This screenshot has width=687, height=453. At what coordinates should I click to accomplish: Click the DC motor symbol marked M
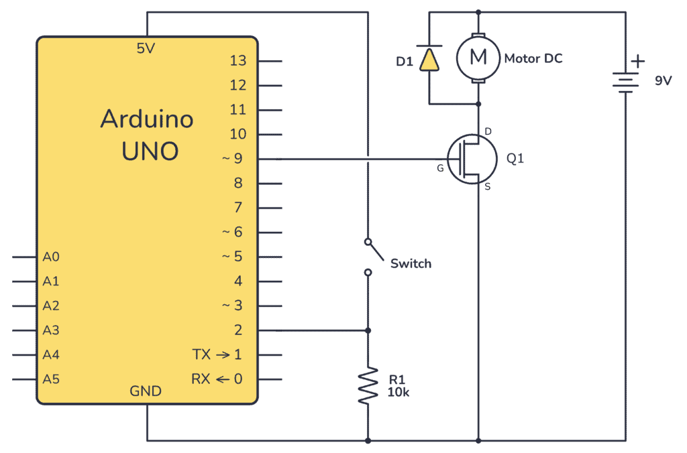click(478, 58)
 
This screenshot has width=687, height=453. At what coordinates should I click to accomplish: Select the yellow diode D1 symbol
click(428, 59)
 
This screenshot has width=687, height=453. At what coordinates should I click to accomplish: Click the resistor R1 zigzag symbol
click(368, 385)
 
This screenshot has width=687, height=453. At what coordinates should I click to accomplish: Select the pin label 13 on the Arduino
click(238, 61)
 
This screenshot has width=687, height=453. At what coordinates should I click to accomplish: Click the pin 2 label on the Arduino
click(238, 330)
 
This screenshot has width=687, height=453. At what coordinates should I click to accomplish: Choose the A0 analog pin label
click(51, 257)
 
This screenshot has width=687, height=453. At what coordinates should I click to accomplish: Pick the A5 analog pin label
click(51, 379)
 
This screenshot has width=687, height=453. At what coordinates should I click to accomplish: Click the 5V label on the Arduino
click(146, 48)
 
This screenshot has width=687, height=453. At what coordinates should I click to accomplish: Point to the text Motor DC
click(533, 58)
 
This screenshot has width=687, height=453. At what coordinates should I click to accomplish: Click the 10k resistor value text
click(399, 393)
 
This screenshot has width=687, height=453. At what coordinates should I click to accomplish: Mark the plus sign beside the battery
click(638, 62)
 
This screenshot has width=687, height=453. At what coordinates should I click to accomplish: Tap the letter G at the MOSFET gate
click(440, 168)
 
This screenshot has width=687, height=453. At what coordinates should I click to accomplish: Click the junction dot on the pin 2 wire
click(368, 330)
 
